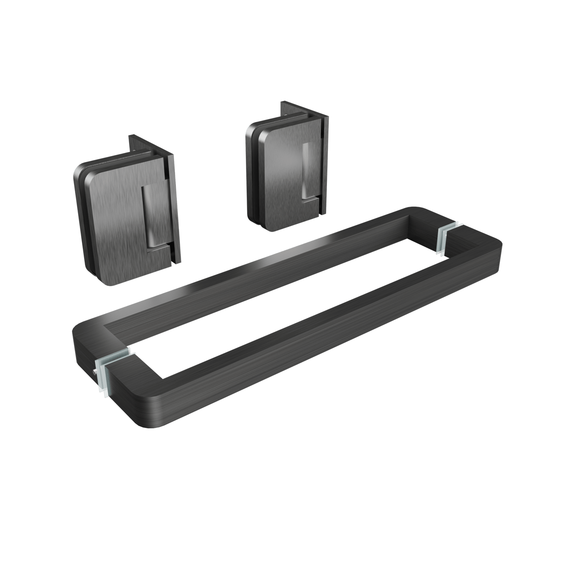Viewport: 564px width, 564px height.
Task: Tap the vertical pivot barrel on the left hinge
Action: (x=149, y=216)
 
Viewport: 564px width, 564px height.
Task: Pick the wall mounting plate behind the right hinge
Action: (x=325, y=163)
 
